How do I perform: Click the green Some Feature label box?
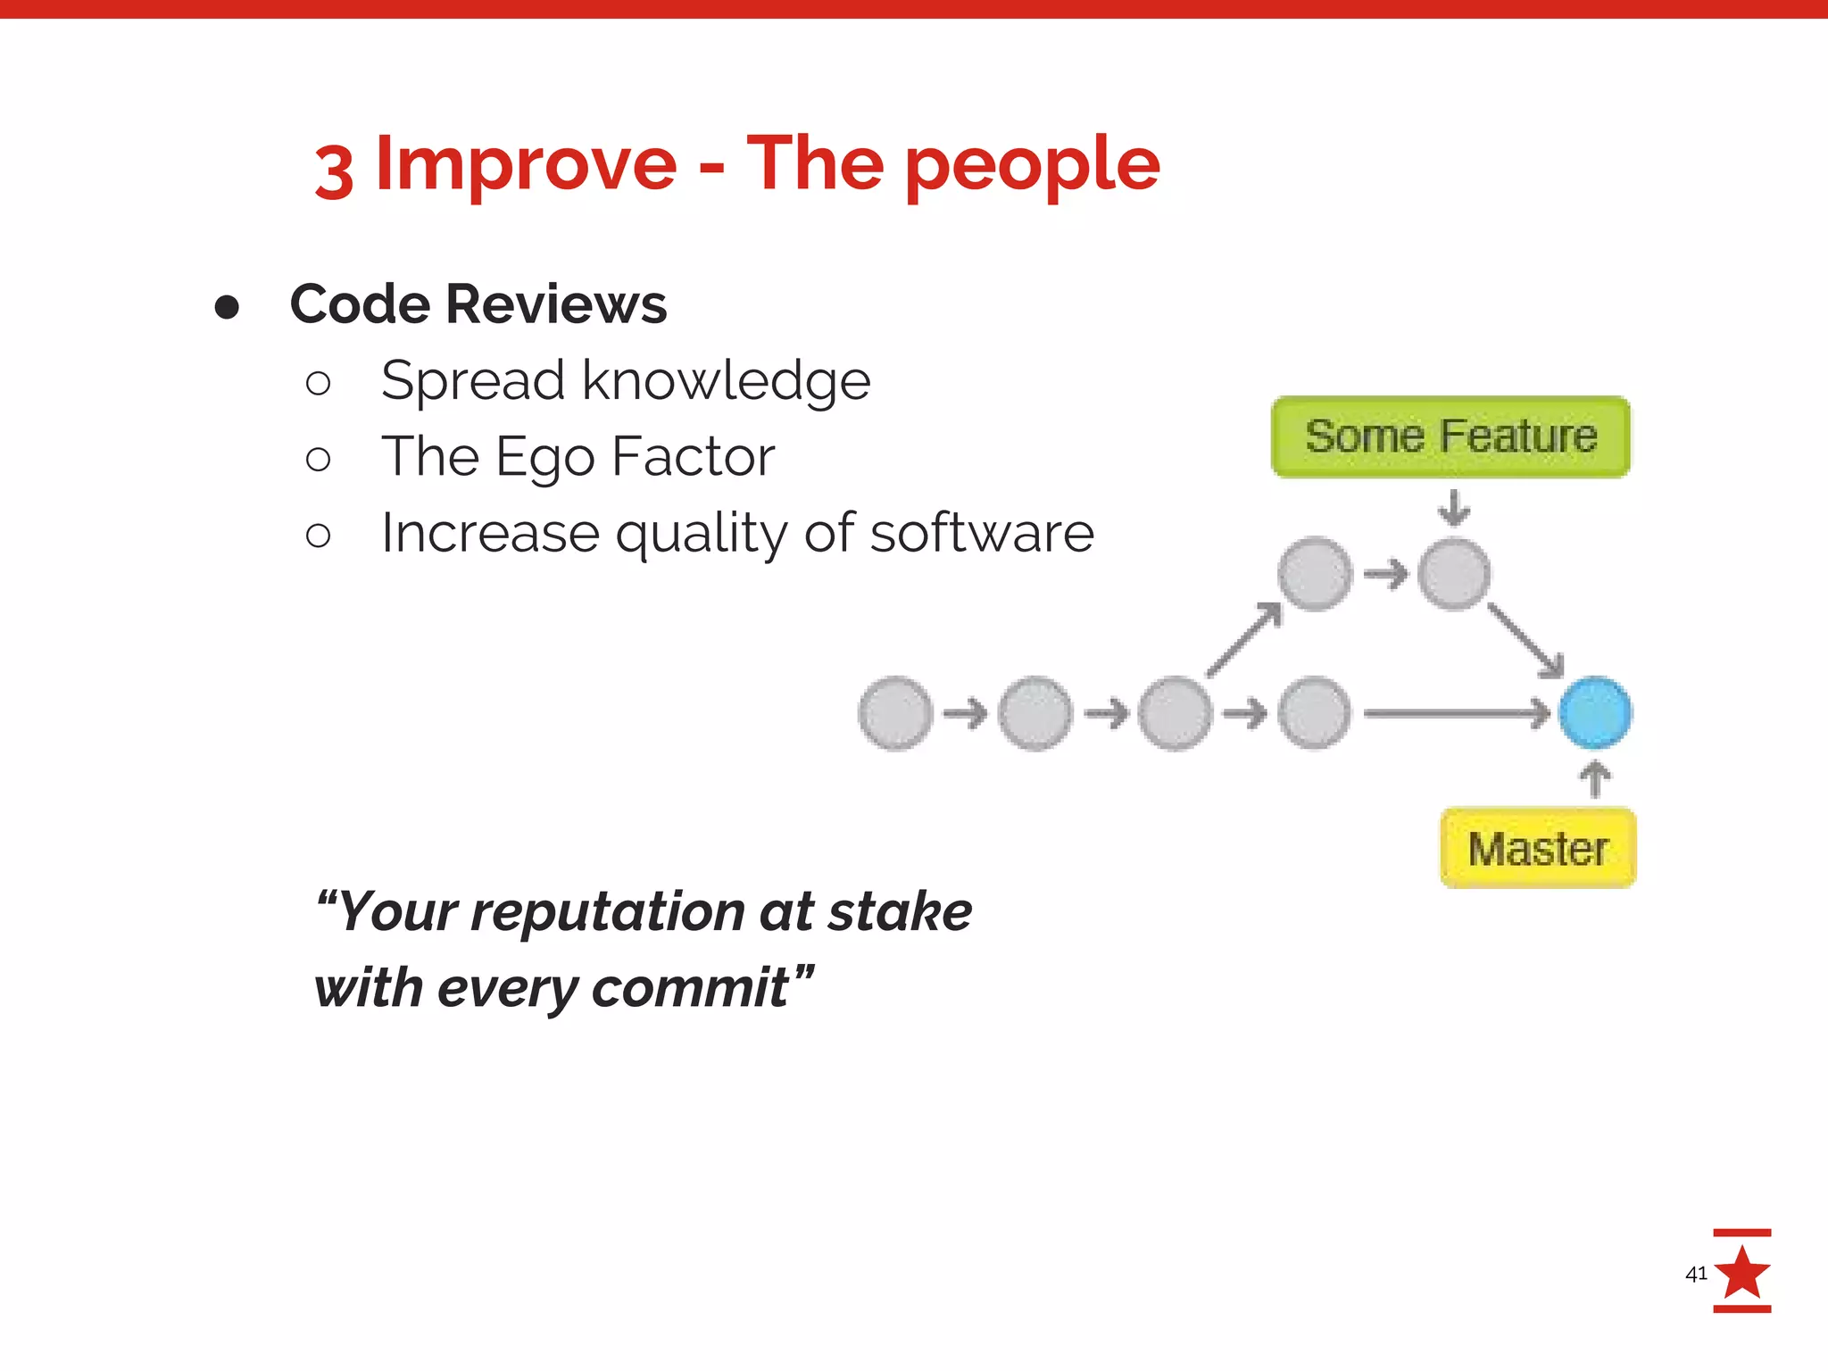[1450, 437]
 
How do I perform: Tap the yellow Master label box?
[1538, 848]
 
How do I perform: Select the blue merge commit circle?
[1595, 712]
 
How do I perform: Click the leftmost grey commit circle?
[895, 713]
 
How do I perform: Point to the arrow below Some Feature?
[1454, 507]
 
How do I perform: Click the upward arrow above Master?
[1595, 778]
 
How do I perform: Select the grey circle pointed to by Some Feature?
[1454, 574]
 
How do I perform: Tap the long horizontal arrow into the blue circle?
[1455, 713]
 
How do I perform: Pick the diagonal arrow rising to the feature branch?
[1244, 640]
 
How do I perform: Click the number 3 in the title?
[334, 171]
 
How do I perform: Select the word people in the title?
[1033, 165]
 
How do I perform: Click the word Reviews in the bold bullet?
[555, 304]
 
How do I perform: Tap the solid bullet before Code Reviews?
[227, 307]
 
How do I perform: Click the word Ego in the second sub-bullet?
[544, 458]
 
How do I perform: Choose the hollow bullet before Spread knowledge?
[318, 384]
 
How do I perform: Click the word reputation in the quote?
[609, 912]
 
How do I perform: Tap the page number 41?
[1695, 1274]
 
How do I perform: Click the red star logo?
[1741, 1272]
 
